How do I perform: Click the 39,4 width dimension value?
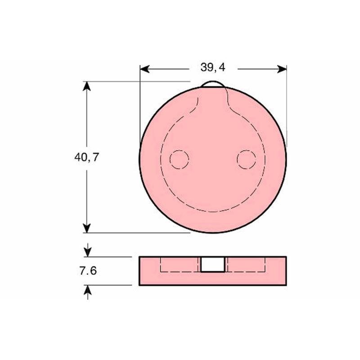point(213,67)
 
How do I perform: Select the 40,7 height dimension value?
point(86,157)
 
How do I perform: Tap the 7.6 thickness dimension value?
point(88,271)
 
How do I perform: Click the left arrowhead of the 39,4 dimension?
point(144,69)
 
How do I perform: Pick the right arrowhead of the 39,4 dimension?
point(282,69)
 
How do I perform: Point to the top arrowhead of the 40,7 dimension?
point(86,86)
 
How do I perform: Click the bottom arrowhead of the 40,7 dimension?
point(86,228)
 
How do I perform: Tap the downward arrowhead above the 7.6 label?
point(88,252)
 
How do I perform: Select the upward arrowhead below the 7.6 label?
point(88,290)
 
